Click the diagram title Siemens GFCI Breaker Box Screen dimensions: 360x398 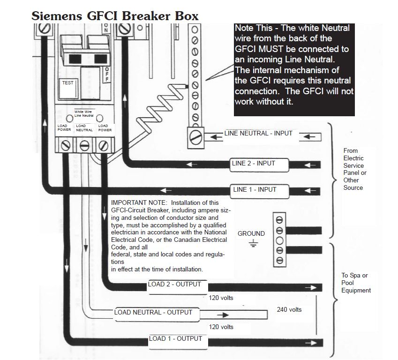(x=115, y=15)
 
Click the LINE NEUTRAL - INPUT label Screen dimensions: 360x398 (x=258, y=133)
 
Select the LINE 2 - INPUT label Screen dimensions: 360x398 (x=253, y=164)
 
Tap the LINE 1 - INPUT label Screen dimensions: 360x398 (x=255, y=190)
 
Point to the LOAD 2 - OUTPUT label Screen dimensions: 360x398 (x=174, y=284)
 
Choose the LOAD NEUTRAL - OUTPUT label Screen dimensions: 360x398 (x=153, y=312)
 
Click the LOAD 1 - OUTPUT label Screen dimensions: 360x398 (x=175, y=338)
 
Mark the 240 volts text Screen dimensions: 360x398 (x=289, y=310)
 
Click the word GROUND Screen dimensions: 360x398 (x=251, y=233)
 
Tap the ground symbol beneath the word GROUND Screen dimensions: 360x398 (x=253, y=243)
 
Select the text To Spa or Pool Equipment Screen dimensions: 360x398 (x=355, y=283)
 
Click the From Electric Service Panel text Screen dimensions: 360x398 (x=355, y=169)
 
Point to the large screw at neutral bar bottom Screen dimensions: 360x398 (x=195, y=137)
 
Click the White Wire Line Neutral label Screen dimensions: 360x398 (x=84, y=113)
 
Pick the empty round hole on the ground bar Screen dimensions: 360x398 (x=279, y=241)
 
